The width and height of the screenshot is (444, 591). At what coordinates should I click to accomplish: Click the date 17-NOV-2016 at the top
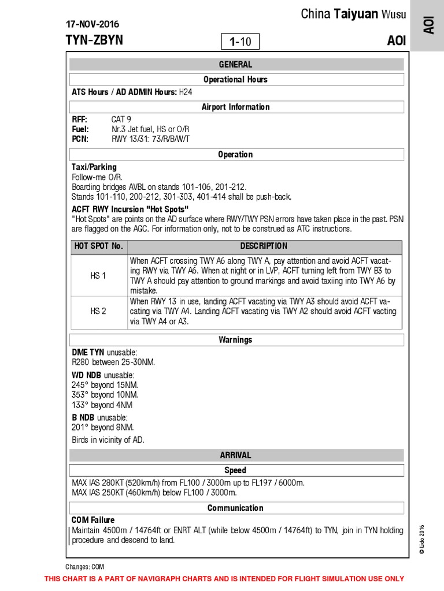coord(92,24)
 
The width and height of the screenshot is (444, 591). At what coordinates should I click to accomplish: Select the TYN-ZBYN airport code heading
coord(94,40)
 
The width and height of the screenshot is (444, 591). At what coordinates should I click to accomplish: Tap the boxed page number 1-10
coord(240,42)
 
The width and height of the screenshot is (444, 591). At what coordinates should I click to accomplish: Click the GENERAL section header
coord(235,65)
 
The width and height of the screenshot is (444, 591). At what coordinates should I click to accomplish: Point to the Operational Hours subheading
coord(235,80)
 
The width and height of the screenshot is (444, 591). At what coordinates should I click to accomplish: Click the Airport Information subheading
coord(235,107)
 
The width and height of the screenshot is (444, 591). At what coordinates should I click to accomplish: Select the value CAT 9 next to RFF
coord(121,119)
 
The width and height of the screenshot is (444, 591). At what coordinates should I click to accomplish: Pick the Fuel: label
coord(80,129)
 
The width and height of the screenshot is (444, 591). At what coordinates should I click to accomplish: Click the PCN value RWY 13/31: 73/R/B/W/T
coord(150,139)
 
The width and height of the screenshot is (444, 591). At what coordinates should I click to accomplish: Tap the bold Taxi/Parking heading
coord(94,167)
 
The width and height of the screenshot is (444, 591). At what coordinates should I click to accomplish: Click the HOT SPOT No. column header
coord(98,246)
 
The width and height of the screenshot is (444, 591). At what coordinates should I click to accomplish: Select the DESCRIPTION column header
coord(264,246)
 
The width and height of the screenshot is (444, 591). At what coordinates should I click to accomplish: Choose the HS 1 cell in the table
coord(98,276)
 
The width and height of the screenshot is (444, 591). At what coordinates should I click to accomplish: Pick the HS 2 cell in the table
coord(98,312)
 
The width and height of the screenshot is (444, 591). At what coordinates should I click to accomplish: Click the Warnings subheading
coord(235,340)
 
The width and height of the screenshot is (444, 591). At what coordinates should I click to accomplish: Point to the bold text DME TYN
coord(88,352)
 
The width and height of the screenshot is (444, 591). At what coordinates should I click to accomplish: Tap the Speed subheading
coord(235,470)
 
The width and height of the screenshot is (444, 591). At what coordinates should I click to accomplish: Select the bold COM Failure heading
coord(93,520)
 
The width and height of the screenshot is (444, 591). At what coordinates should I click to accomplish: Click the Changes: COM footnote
coord(84,567)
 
